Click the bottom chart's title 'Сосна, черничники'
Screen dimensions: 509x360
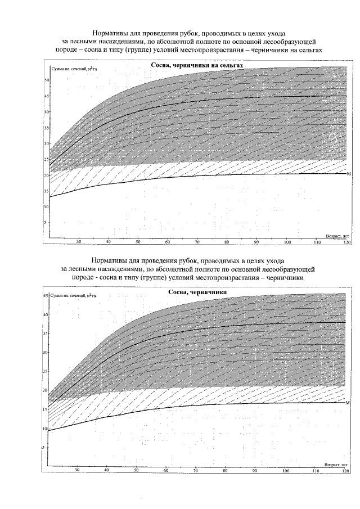[197, 293]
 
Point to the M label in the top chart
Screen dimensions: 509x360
[349, 174]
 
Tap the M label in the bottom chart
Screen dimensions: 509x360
[348, 403]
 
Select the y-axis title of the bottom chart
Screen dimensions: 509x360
[73, 296]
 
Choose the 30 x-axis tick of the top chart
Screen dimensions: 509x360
[79, 242]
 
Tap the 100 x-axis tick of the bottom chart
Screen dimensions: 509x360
[286, 470]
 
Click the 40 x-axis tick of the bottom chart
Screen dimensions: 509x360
[107, 470]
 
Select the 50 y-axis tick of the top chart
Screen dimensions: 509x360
[47, 80]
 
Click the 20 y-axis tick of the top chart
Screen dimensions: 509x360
[47, 175]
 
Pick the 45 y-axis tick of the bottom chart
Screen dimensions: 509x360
[47, 296]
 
